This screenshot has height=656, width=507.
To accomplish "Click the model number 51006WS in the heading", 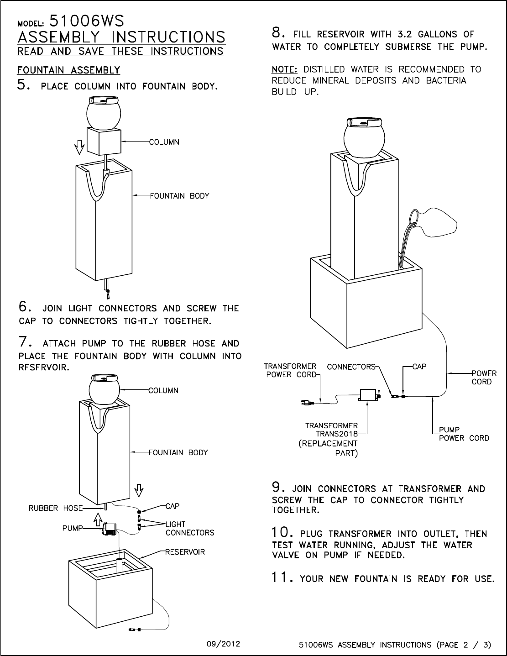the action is [86, 21].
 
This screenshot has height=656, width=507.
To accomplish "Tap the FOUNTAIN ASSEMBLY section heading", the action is [68, 70].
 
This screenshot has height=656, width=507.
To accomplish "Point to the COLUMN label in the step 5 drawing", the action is [164, 142].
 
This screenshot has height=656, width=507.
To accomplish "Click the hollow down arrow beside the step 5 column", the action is [79, 147].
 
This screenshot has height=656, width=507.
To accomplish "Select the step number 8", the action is [278, 32].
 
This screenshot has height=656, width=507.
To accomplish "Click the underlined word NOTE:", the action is [284, 69].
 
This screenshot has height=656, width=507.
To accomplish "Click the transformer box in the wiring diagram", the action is [367, 395].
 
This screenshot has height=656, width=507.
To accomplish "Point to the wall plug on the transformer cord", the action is [307, 402].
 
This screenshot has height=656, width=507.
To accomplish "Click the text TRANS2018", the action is [336, 434].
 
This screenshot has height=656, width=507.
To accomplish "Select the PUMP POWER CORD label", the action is [464, 434].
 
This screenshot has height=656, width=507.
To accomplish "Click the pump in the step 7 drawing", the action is [109, 530].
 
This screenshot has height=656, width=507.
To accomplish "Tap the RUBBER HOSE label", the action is [56, 508].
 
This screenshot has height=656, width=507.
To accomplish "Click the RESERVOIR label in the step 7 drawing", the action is [185, 552].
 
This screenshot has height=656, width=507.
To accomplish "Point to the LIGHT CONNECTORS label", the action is [190, 528].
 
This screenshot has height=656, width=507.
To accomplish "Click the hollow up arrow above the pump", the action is [98, 520].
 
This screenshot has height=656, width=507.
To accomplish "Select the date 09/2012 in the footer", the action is [223, 644].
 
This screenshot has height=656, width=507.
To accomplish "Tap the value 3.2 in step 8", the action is [404, 34].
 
